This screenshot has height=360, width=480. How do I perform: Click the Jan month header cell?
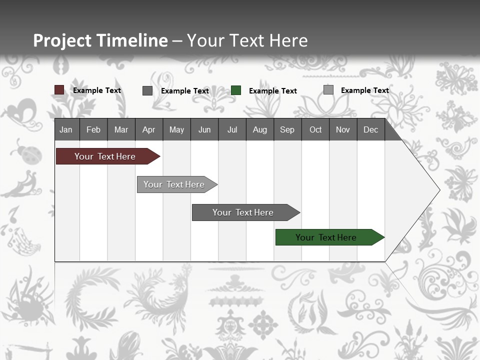[66, 129]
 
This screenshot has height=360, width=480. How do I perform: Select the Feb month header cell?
[93, 129]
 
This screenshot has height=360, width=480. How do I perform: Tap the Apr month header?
[148, 129]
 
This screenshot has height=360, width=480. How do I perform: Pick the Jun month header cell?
[204, 129]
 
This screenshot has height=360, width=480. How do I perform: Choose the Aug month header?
[259, 129]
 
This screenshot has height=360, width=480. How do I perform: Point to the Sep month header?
[287, 129]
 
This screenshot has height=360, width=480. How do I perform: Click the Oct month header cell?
[315, 129]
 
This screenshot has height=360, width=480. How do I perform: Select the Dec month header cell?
[370, 129]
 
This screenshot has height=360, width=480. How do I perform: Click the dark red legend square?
[59, 90]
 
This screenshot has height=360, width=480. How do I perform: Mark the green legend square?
[236, 90]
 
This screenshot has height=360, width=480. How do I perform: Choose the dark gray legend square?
[147, 90]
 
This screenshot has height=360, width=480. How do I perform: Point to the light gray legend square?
[328, 90]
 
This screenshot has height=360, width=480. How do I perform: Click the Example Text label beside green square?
[272, 91]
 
